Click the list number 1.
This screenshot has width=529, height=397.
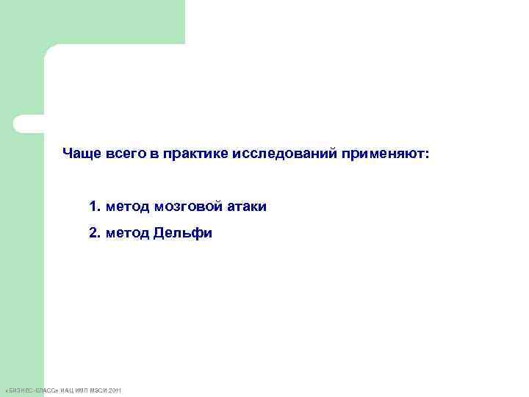click(93, 207)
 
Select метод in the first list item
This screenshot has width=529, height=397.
click(127, 207)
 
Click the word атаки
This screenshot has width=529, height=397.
click(247, 207)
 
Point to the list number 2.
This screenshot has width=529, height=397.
click(93, 234)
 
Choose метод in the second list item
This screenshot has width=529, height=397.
click(127, 234)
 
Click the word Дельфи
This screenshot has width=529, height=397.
click(183, 234)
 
